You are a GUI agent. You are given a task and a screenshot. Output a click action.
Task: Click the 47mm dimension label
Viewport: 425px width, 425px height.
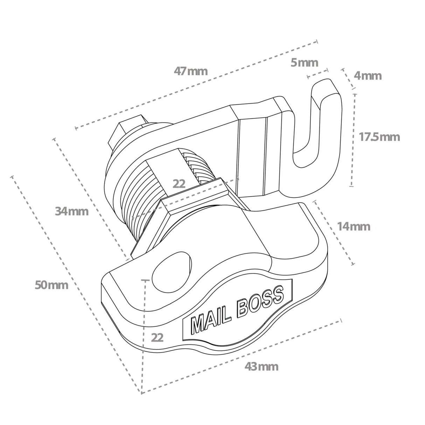coord(191,71)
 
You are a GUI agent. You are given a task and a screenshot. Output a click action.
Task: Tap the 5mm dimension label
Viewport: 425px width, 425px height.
coord(305,63)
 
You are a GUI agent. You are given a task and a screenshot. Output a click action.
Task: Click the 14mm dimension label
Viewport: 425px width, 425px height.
coord(354,227)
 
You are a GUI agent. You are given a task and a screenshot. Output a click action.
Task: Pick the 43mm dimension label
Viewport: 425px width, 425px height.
coord(262,367)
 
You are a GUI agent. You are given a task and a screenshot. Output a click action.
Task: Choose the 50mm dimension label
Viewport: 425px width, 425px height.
coord(51,285)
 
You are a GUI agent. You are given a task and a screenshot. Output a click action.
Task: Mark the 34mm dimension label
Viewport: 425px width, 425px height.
coord(72,211)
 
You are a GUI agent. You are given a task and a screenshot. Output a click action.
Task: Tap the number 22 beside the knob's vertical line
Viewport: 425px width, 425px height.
coord(157,337)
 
